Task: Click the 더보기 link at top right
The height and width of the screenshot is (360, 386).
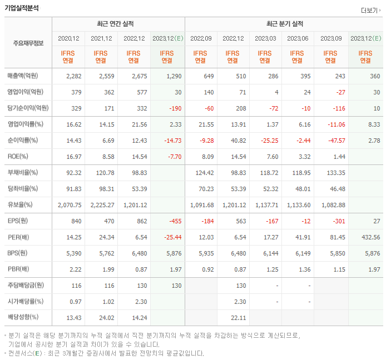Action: pyautogui.click(x=370, y=10)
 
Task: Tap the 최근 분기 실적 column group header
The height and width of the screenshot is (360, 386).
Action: pyautogui.click(x=285, y=24)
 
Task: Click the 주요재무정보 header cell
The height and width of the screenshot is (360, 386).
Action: pyautogui.click(x=28, y=43)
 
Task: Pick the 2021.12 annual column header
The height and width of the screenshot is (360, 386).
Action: pyautogui.click(x=101, y=38)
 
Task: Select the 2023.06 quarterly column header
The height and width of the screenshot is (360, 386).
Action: pyautogui.click(x=298, y=38)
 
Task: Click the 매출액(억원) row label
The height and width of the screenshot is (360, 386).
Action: pyautogui.click(x=27, y=76)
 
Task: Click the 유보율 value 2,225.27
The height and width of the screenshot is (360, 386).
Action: pyautogui.click(x=101, y=204)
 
